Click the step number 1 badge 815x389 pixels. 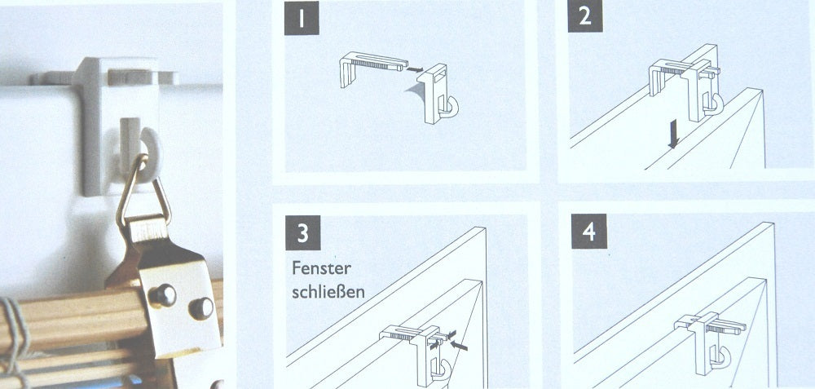[x=302, y=18]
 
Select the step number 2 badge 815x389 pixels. [x=584, y=15]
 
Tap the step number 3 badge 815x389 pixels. [x=302, y=232]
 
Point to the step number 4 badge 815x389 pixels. [x=589, y=231]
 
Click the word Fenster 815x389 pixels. [x=322, y=268]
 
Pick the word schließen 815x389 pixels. [x=328, y=292]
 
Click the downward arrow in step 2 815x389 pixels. [x=673, y=134]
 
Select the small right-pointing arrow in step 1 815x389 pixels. [x=414, y=69]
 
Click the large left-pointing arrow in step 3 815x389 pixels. [x=459, y=345]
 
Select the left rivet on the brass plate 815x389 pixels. [x=163, y=295]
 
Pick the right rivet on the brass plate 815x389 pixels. [x=201, y=308]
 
